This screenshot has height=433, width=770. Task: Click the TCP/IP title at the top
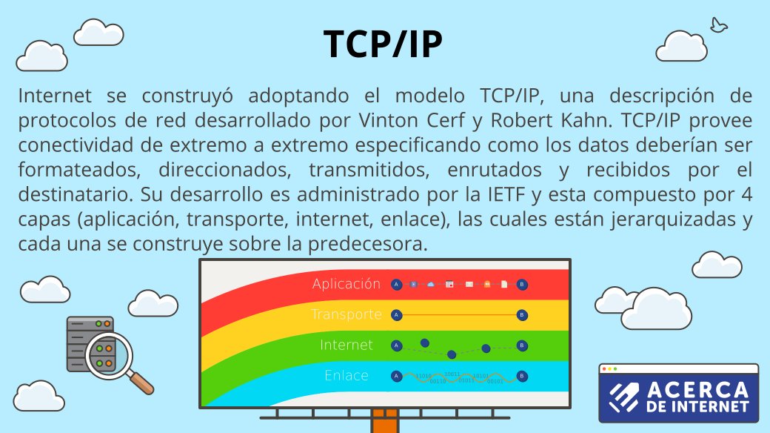pyautogui.click(x=384, y=44)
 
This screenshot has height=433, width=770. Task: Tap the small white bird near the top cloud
pyautogui.click(x=717, y=25)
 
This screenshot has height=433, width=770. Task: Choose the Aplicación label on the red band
pyautogui.click(x=346, y=284)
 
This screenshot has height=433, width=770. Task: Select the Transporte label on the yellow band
pyautogui.click(x=346, y=314)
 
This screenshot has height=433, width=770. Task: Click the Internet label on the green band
pyautogui.click(x=346, y=345)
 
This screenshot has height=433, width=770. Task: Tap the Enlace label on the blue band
pyautogui.click(x=346, y=375)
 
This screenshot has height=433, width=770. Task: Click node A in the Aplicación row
pyautogui.click(x=396, y=284)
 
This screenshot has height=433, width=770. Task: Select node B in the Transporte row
pyautogui.click(x=522, y=314)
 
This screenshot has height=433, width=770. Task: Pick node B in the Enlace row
pyautogui.click(x=522, y=376)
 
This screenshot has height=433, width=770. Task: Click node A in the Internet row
pyautogui.click(x=396, y=345)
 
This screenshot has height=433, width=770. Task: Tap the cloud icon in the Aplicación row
pyautogui.click(x=432, y=284)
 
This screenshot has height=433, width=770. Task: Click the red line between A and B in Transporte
pyautogui.click(x=459, y=314)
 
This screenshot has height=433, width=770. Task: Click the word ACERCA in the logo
pyautogui.click(x=688, y=391)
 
